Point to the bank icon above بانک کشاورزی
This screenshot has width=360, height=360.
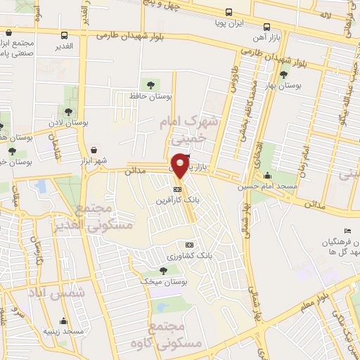point(188,245)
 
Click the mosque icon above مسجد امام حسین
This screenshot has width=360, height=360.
point(267,176)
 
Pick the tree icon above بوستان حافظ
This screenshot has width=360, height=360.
point(147,84)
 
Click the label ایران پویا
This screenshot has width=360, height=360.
point(229,22)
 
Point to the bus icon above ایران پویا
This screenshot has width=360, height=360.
point(229,12)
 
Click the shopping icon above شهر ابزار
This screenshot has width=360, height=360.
point(94,150)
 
